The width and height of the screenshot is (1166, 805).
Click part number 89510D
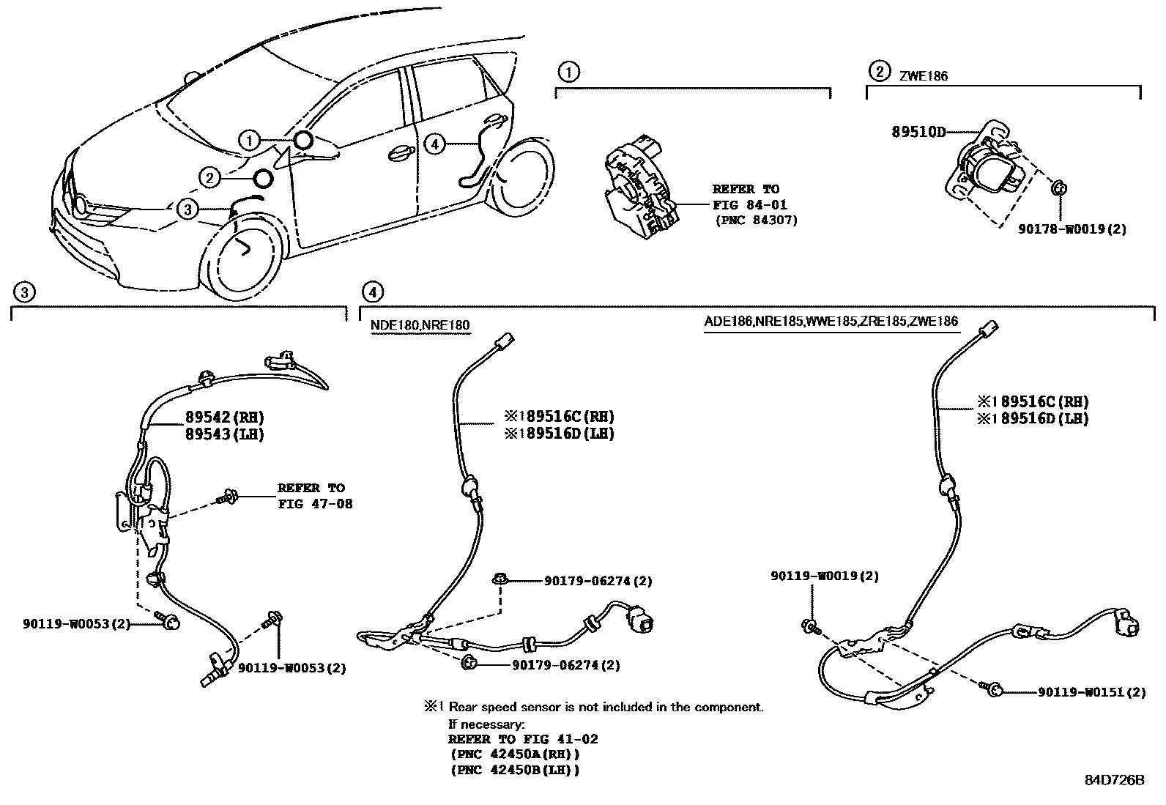point(918,132)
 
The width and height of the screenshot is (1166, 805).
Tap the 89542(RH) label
point(224,417)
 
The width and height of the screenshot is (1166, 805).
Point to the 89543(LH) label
point(224,434)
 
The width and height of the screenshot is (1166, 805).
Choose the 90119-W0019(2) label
point(824,576)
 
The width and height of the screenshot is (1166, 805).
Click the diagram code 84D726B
point(1114,779)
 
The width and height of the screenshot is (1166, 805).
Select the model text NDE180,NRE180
point(420,325)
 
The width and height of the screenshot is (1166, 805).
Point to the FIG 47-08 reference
point(315,504)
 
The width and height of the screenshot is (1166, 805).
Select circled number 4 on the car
point(435,144)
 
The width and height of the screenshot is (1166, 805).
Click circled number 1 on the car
point(250,140)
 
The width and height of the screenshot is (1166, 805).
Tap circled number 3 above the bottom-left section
point(24,293)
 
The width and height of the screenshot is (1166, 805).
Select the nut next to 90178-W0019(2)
point(1058,188)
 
